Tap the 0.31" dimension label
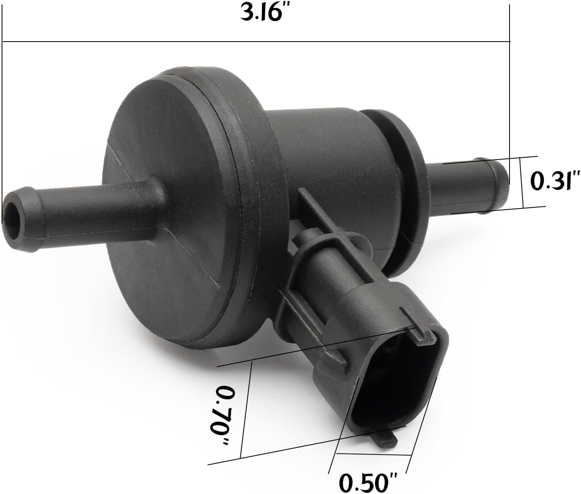tap(554, 181)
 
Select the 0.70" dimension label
tap(224, 416)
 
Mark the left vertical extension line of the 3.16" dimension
tap(2, 121)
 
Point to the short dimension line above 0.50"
tap(373, 454)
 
